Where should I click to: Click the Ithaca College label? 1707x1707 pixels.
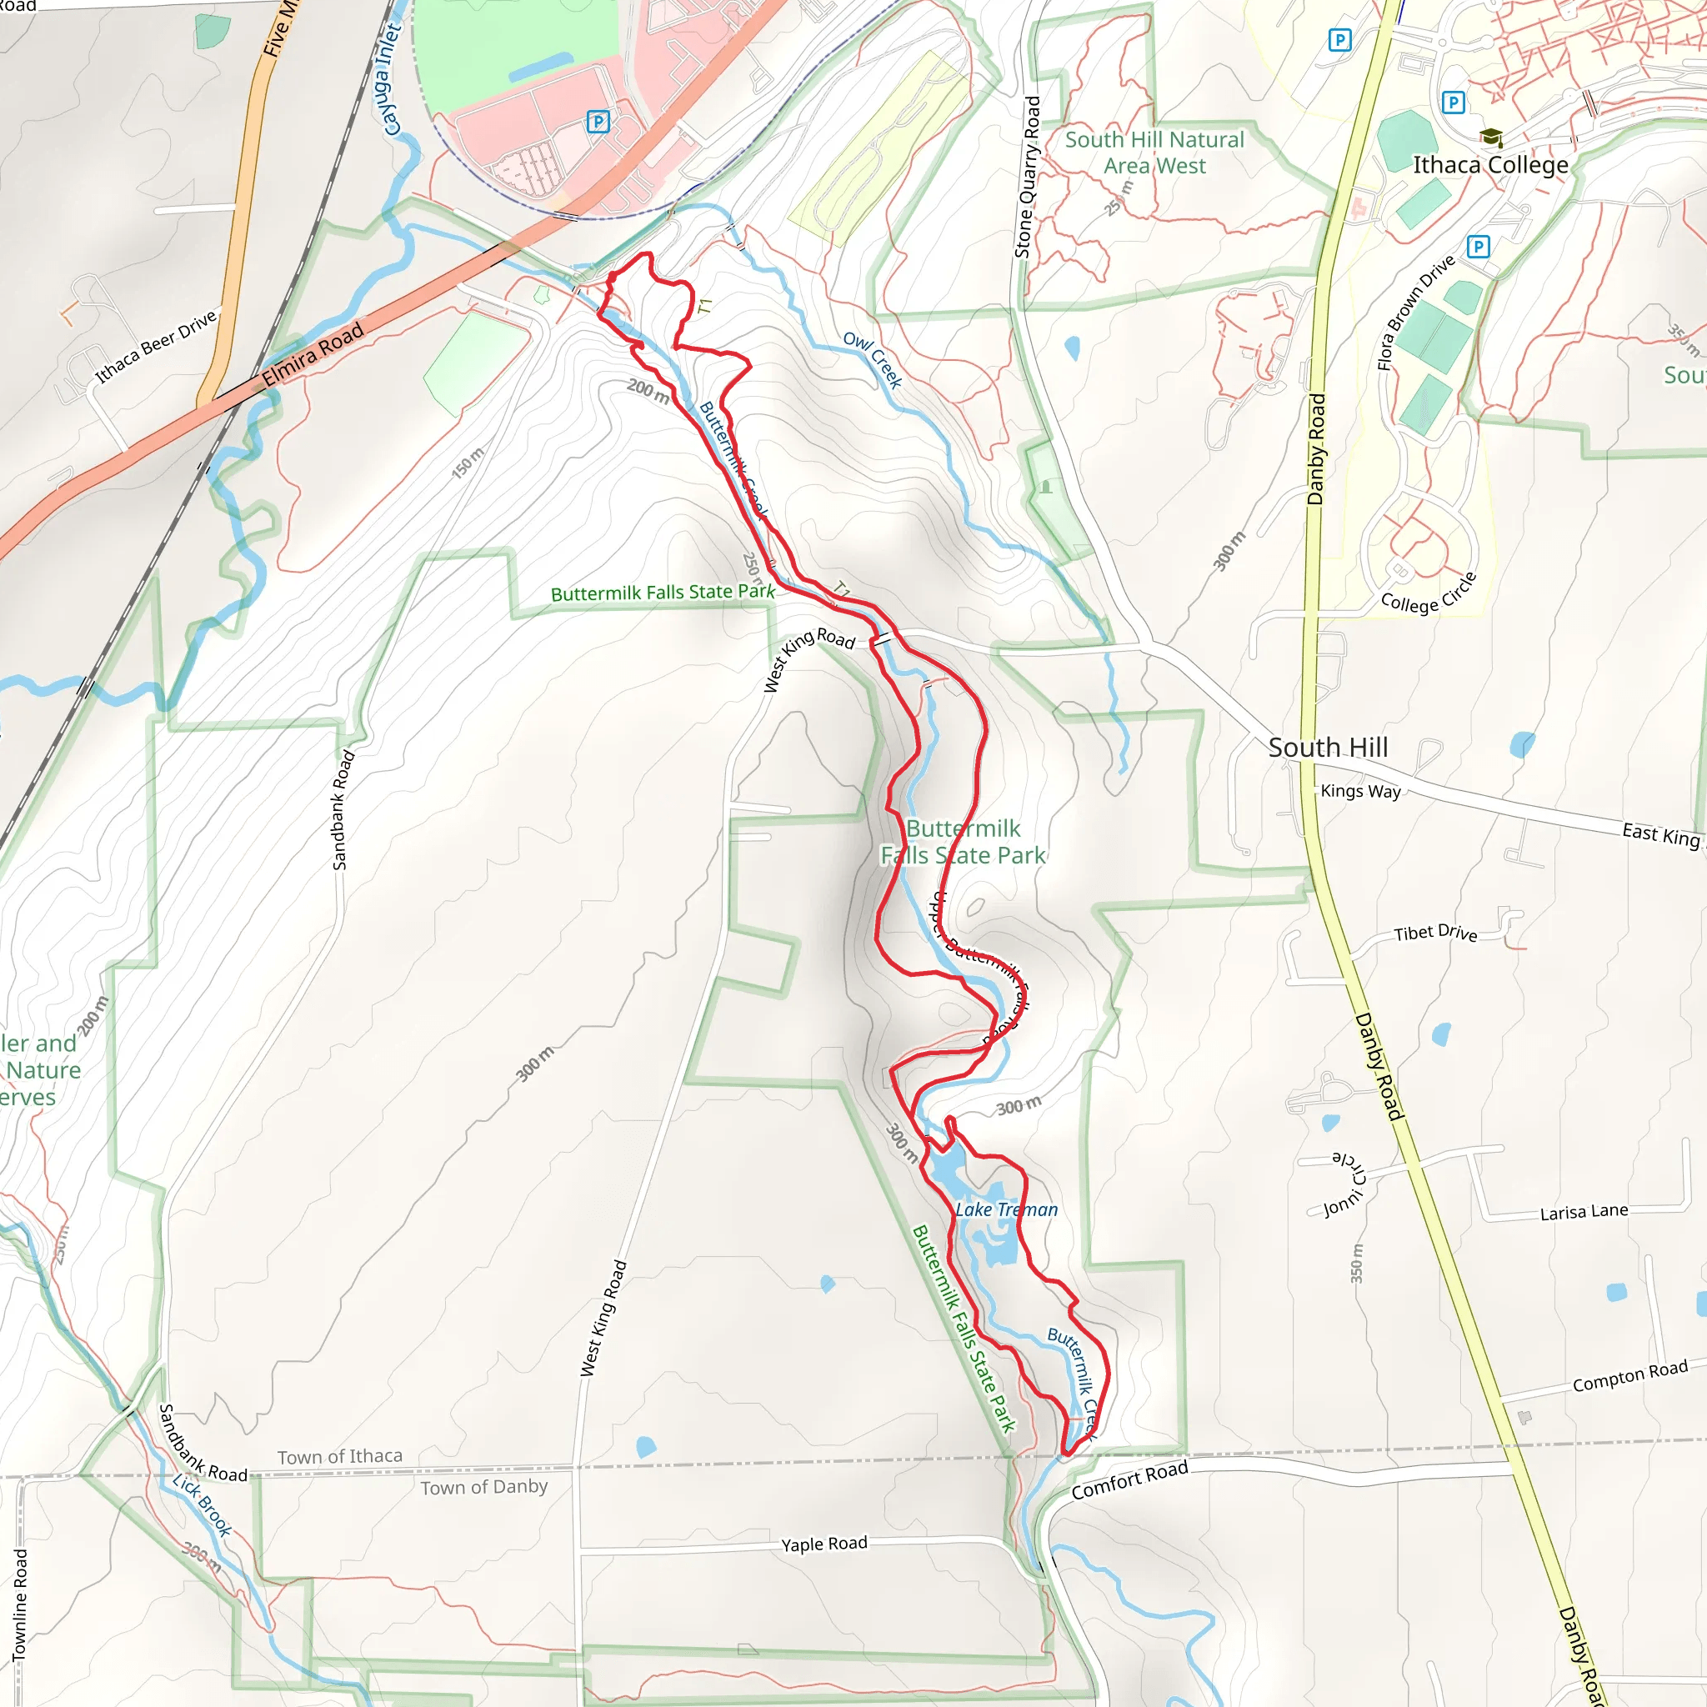tap(1490, 165)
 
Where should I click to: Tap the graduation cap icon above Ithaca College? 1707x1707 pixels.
tap(1491, 137)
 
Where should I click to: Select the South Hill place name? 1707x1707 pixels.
tap(1328, 748)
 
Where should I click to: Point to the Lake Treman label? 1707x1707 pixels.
tap(1006, 1209)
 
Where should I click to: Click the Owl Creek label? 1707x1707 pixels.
tap(872, 359)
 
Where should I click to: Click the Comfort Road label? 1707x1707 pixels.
tap(1129, 1481)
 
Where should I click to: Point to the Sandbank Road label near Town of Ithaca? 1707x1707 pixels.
tap(203, 1443)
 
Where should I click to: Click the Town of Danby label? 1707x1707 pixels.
tap(484, 1487)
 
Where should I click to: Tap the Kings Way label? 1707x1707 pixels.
tap(1360, 791)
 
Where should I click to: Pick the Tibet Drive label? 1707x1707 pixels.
tap(1436, 932)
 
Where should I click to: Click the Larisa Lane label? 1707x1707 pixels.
tap(1584, 1211)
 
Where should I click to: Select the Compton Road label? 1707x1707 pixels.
tap(1630, 1375)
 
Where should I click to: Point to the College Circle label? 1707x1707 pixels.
tap(1429, 594)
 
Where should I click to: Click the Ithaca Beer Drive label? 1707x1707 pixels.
tap(156, 348)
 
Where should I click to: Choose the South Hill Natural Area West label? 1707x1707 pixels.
tap(1154, 152)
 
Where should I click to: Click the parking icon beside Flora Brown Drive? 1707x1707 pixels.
tap(1478, 247)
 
